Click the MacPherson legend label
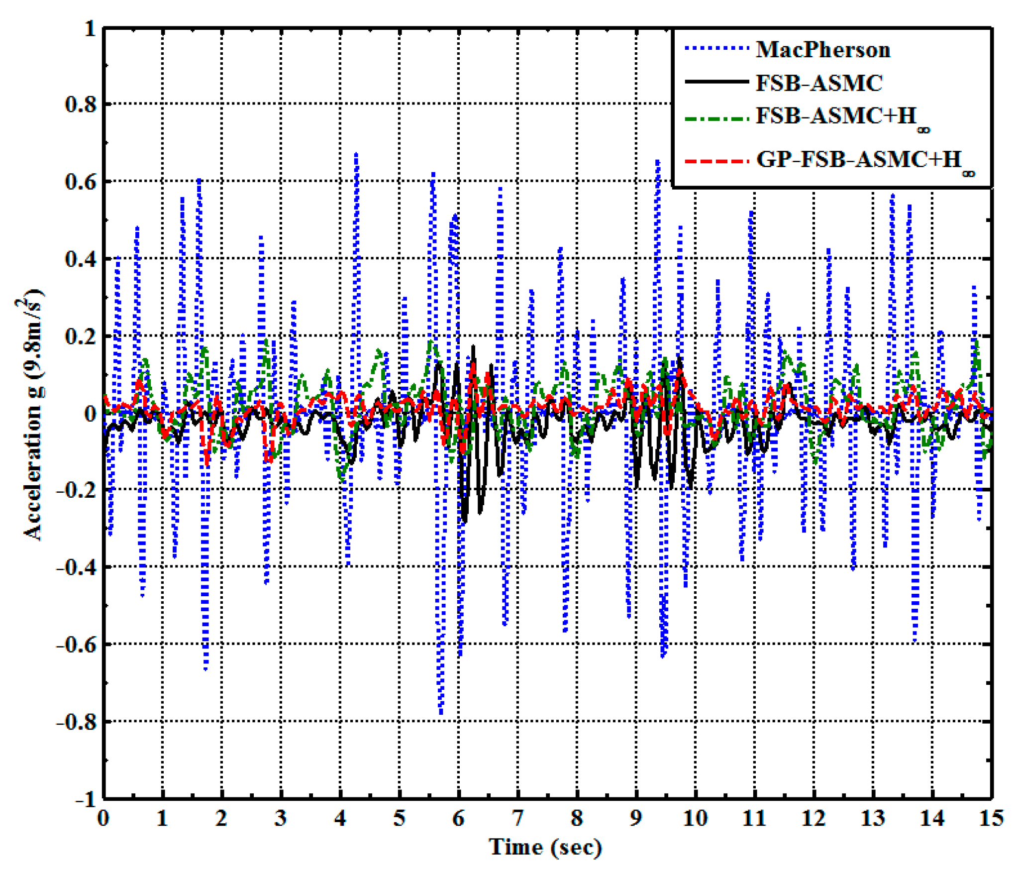822,50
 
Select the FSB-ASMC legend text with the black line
819,83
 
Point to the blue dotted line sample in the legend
716,49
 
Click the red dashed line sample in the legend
716,161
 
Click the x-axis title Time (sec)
545,847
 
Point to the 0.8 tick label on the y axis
81,105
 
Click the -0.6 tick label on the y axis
76,645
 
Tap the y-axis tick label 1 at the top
90,28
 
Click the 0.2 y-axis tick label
81,336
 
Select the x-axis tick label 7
517,818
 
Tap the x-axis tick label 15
991,818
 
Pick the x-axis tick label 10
695,818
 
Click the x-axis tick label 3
281,818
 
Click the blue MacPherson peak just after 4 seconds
356,155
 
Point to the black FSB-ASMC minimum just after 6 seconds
465,521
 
